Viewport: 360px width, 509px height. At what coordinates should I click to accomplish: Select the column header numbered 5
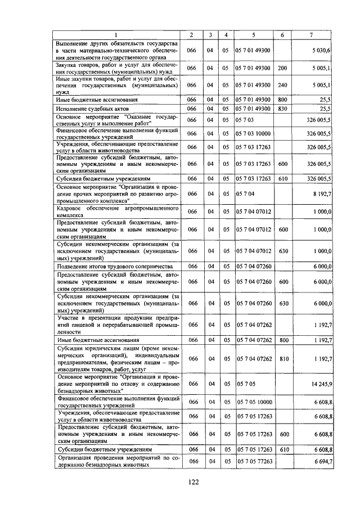pyautogui.click(x=253, y=35)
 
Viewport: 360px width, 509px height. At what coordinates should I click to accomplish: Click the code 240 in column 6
pyautogui.click(x=282, y=85)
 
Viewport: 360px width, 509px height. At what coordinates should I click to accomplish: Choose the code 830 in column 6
pyautogui.click(x=282, y=108)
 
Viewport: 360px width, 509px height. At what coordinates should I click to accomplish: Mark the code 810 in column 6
pyautogui.click(x=282, y=359)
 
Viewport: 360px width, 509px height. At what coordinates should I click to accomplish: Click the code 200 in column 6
pyautogui.click(x=282, y=68)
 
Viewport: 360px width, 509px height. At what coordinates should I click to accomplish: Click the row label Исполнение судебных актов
pyautogui.click(x=93, y=108)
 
